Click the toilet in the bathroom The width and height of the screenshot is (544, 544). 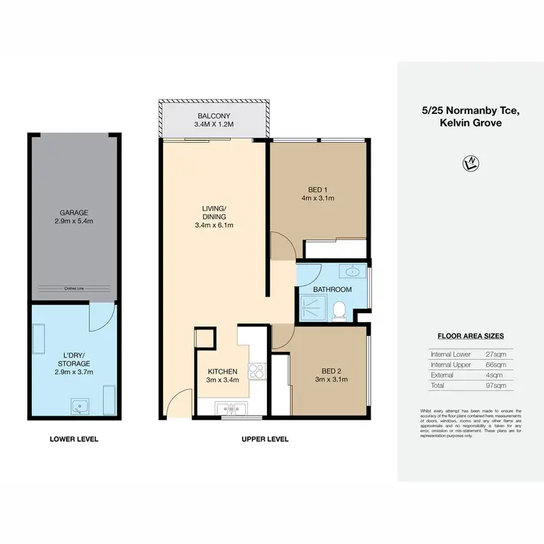tap(338, 311)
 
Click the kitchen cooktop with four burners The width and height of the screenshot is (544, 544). tap(257, 371)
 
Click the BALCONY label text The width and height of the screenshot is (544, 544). tap(214, 116)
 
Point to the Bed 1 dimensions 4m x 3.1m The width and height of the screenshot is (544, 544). tap(318, 197)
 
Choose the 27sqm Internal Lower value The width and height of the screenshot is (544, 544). tap(495, 353)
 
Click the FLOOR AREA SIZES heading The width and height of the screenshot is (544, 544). tap(470, 336)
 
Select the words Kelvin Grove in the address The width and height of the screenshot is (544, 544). tap(470, 123)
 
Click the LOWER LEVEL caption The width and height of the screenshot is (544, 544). tap(73, 439)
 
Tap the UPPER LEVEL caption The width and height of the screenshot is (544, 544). tap(265, 439)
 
